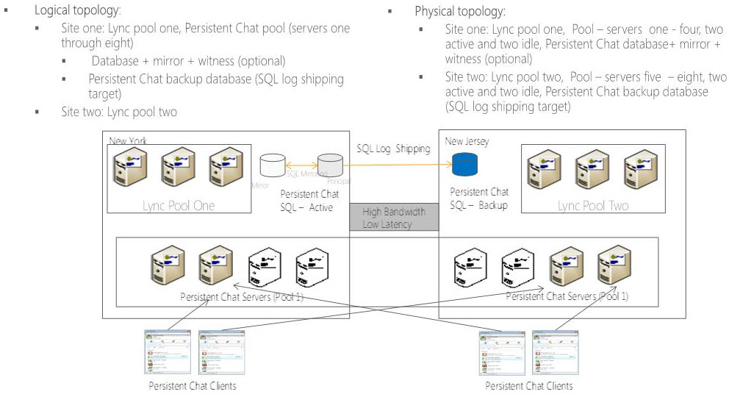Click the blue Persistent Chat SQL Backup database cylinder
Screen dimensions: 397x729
(x=465, y=165)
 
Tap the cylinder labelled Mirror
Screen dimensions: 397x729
(x=273, y=165)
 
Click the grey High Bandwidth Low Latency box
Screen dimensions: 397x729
(x=394, y=218)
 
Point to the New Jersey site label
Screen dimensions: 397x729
(x=467, y=140)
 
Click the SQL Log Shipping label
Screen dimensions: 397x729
(x=393, y=149)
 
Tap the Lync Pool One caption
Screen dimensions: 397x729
(x=179, y=206)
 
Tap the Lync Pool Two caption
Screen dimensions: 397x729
(x=592, y=206)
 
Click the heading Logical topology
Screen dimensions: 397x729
(x=78, y=12)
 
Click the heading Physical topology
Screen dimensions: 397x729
(x=460, y=12)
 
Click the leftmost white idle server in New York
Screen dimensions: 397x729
(x=264, y=268)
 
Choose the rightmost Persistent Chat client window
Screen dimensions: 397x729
(x=555, y=353)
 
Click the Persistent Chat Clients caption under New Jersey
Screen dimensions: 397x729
(x=528, y=385)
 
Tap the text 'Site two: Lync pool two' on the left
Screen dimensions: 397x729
(x=119, y=112)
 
